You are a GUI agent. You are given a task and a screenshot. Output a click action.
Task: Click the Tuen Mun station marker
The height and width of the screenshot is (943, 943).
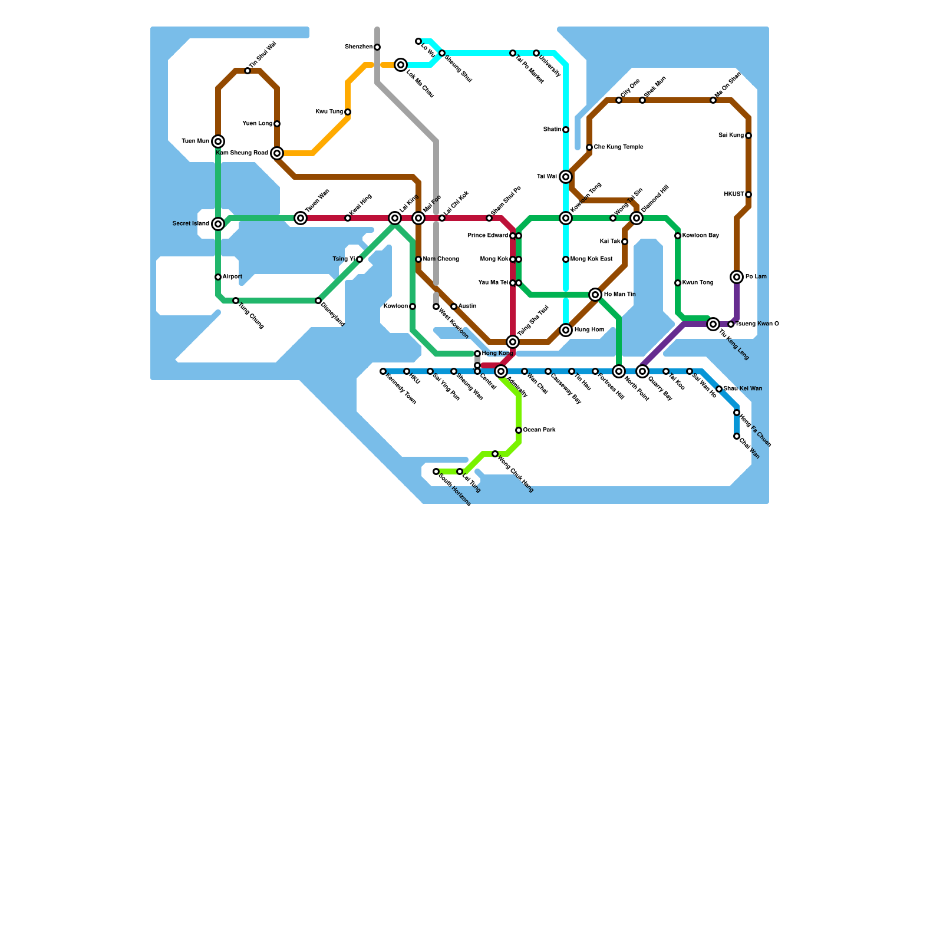click(x=218, y=141)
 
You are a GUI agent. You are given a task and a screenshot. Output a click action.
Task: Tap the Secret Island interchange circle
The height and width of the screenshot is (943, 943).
click(x=218, y=224)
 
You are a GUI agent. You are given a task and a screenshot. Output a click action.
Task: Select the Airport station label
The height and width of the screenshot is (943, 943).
click(x=232, y=277)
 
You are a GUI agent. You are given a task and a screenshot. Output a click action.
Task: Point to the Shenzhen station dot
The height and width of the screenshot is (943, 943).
click(x=377, y=47)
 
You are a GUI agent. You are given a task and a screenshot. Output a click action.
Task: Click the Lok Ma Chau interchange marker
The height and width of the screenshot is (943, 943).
click(x=401, y=65)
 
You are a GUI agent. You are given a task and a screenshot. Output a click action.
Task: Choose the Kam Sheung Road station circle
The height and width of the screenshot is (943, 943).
click(x=277, y=153)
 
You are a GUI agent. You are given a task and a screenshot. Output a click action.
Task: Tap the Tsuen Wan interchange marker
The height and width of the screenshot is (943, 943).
click(x=301, y=218)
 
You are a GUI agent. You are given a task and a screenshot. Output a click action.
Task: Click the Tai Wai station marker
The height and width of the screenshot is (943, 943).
click(x=566, y=177)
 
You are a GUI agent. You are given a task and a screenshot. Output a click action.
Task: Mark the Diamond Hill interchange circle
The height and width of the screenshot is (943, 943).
click(x=637, y=218)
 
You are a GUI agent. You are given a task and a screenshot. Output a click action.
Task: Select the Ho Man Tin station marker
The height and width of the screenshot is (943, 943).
click(x=595, y=295)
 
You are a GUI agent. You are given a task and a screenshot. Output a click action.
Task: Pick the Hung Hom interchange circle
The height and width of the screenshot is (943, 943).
click(x=566, y=330)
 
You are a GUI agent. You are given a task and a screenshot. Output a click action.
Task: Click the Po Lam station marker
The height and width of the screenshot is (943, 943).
click(x=737, y=277)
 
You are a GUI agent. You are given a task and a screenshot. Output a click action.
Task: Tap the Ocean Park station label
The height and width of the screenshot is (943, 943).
click(x=539, y=430)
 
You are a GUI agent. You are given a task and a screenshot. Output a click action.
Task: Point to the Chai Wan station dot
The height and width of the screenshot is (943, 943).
click(x=737, y=436)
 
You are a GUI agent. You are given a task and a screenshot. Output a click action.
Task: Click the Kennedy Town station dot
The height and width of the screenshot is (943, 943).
click(x=383, y=371)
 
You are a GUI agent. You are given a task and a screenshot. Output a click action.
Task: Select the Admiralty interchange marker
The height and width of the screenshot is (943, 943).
click(x=501, y=371)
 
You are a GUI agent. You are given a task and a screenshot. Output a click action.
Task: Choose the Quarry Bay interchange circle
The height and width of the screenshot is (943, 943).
click(x=642, y=371)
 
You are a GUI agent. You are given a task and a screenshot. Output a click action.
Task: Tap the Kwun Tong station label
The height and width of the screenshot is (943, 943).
click(x=698, y=283)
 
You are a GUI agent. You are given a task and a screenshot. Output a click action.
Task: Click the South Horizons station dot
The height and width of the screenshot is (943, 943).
click(x=436, y=471)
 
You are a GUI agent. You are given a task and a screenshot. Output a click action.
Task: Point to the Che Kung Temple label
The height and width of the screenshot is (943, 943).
click(x=618, y=147)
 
